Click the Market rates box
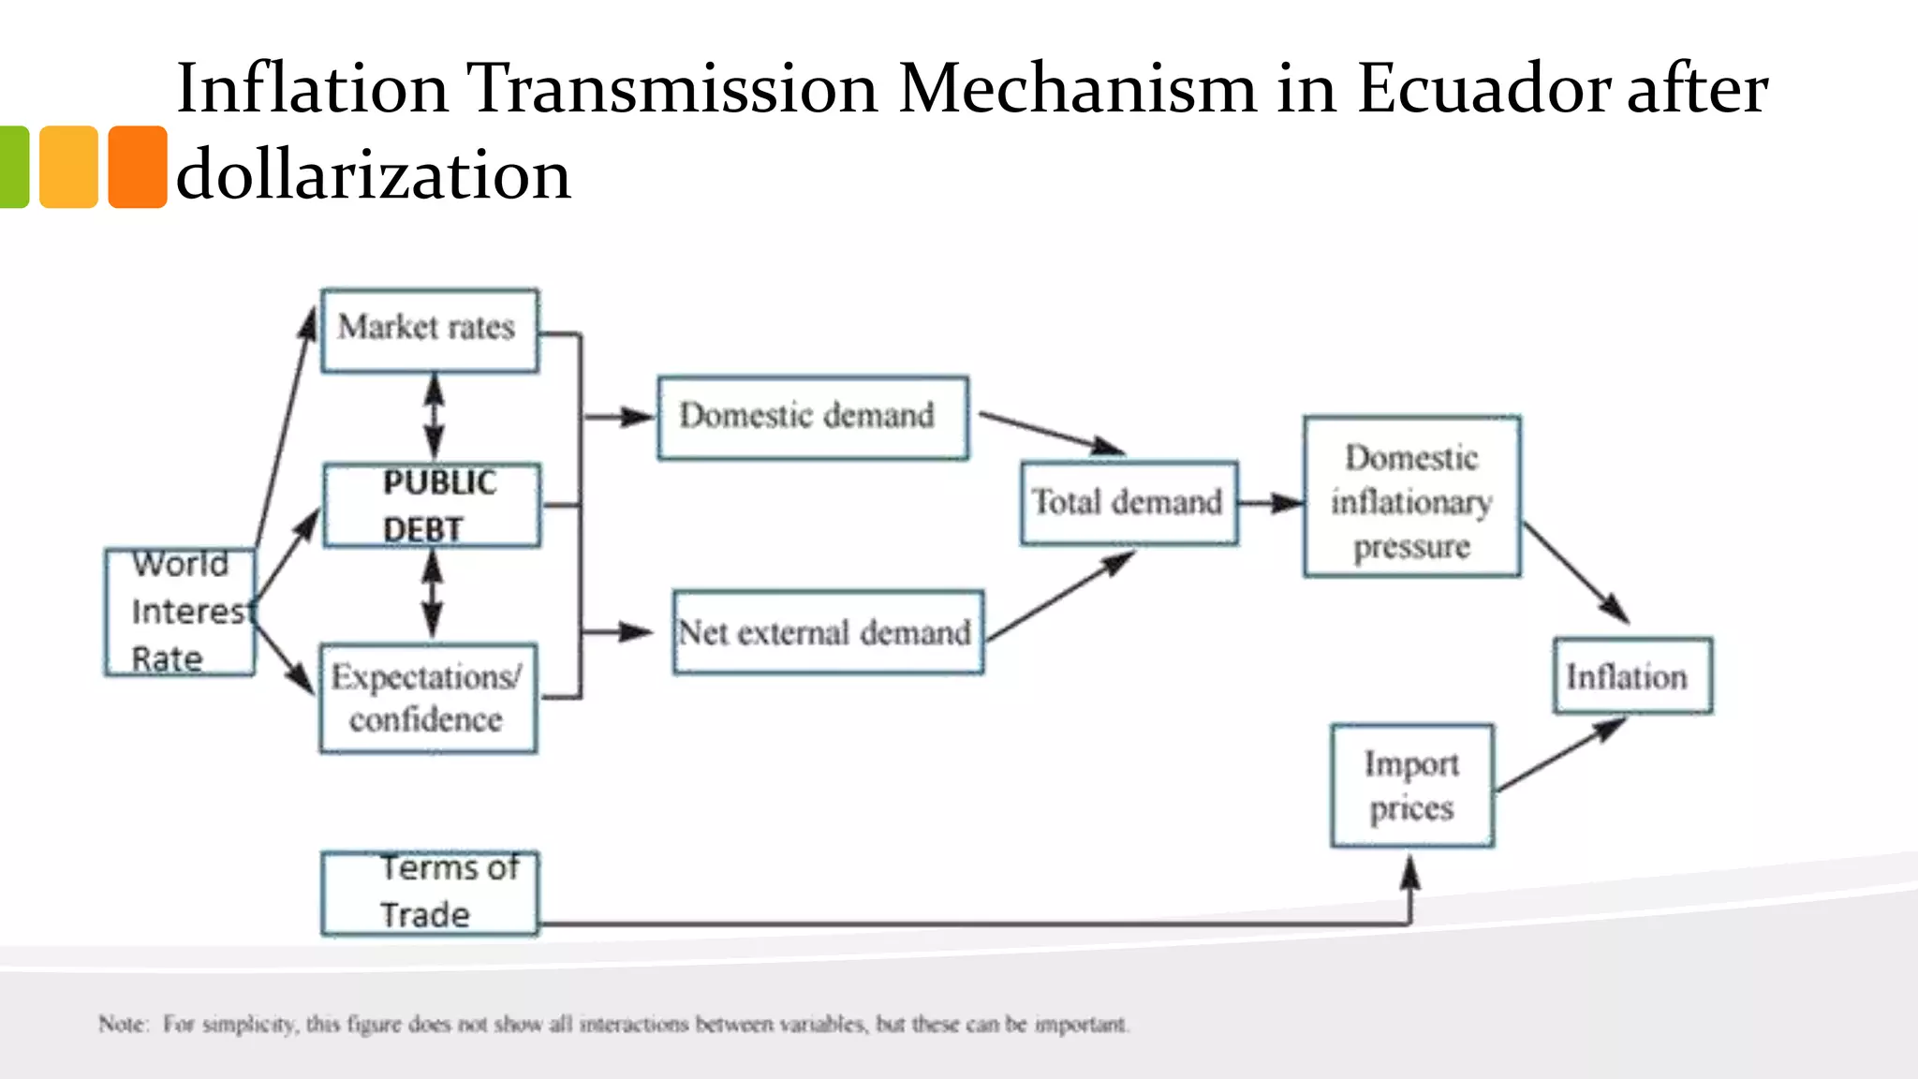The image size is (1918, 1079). (430, 331)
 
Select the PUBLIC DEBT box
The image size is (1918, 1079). (432, 506)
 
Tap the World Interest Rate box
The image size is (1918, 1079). (180, 612)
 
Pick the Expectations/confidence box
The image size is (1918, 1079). (428, 698)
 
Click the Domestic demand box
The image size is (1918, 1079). (813, 418)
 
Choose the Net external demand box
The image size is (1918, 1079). (828, 632)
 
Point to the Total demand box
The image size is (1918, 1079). (1129, 503)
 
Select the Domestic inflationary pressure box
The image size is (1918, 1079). (1411, 496)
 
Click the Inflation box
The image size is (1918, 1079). (1632, 676)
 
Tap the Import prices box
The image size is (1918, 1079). (1411, 786)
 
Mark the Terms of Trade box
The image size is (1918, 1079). (430, 893)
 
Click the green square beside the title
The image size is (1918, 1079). (13, 167)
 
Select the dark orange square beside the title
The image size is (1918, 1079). (138, 167)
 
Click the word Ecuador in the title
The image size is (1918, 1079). (1483, 89)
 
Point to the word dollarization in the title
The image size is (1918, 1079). (373, 175)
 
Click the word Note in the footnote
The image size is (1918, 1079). (123, 1024)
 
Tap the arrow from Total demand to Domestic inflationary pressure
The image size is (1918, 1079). (1270, 504)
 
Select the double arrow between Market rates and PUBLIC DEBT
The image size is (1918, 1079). (434, 417)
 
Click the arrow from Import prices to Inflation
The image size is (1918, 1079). (1559, 755)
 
